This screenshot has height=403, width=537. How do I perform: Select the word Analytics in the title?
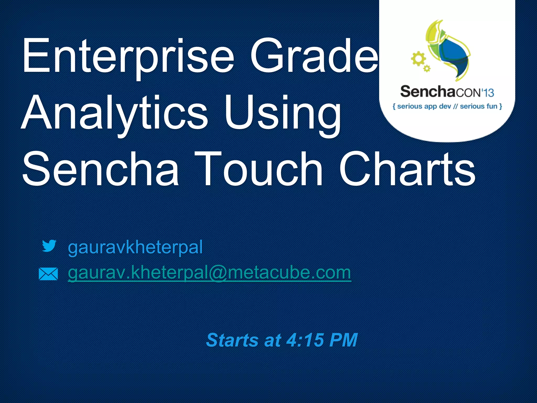point(114,113)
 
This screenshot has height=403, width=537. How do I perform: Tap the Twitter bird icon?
point(49,246)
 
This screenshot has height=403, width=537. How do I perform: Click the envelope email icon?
point(48,274)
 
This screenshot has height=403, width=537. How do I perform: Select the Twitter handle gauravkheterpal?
point(135,247)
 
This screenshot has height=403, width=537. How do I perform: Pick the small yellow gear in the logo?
point(427,69)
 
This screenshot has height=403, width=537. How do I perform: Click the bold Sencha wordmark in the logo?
point(427,92)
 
